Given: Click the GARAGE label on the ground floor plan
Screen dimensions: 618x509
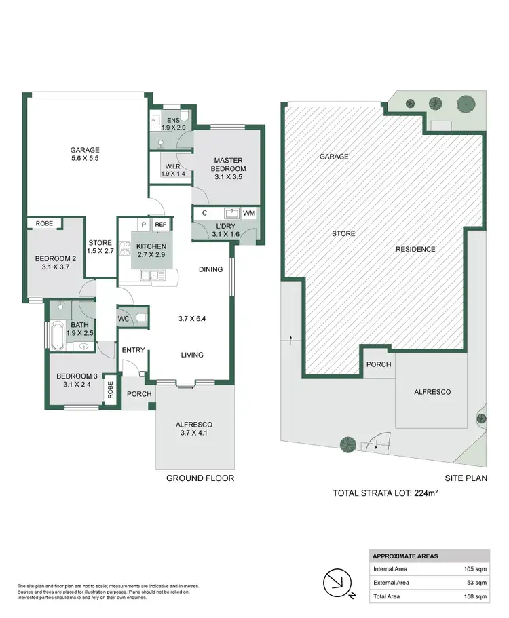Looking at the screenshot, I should pyautogui.click(x=86, y=150).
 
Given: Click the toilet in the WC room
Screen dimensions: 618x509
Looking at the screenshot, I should pyautogui.click(x=141, y=317).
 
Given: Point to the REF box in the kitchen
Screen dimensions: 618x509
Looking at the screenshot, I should pyautogui.click(x=161, y=225).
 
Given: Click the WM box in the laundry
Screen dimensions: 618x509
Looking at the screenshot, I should pyautogui.click(x=249, y=213).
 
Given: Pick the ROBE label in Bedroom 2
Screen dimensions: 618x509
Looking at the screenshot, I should pyautogui.click(x=44, y=223).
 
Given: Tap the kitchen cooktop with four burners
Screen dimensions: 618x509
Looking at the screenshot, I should pyautogui.click(x=125, y=248).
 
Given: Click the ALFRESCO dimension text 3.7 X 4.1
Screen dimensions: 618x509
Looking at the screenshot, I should pyautogui.click(x=195, y=433).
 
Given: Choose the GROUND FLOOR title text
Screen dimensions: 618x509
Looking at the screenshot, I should pyautogui.click(x=200, y=478).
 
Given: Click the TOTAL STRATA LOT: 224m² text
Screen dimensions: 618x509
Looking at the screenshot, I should pyautogui.click(x=385, y=493).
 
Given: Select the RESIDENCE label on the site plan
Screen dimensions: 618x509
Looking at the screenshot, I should pyautogui.click(x=415, y=249).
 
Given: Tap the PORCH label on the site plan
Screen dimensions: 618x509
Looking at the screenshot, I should pyautogui.click(x=379, y=364).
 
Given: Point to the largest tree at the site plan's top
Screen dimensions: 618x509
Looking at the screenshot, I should pyautogui.click(x=466, y=103).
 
